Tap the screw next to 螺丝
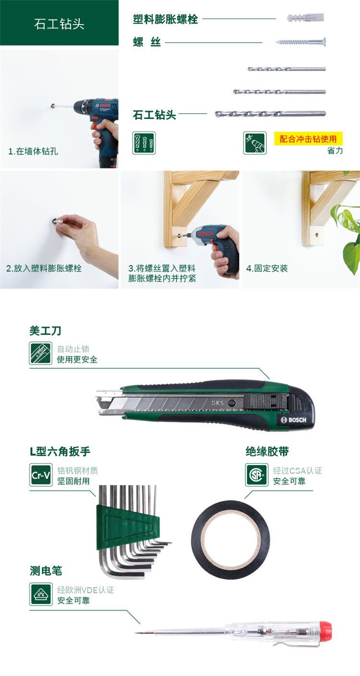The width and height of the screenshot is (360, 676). (300, 42)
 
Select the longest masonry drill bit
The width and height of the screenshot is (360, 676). (270, 114)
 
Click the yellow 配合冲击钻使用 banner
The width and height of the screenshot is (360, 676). (308, 139)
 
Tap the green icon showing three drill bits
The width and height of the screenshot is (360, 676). (144, 143)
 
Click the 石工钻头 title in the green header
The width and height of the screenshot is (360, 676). (59, 24)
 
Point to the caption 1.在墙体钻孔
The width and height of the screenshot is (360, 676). (33, 151)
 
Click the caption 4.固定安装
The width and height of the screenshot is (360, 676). (267, 268)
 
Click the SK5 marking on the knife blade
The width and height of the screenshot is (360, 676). (217, 403)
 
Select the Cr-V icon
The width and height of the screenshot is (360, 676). (41, 475)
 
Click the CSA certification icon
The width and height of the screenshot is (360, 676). (256, 475)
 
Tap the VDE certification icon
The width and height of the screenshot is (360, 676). (41, 594)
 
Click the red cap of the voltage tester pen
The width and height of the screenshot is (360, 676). (325, 630)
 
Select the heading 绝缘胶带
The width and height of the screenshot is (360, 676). (267, 451)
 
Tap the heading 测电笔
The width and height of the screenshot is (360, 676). (46, 571)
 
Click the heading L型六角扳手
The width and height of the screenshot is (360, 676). (60, 451)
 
